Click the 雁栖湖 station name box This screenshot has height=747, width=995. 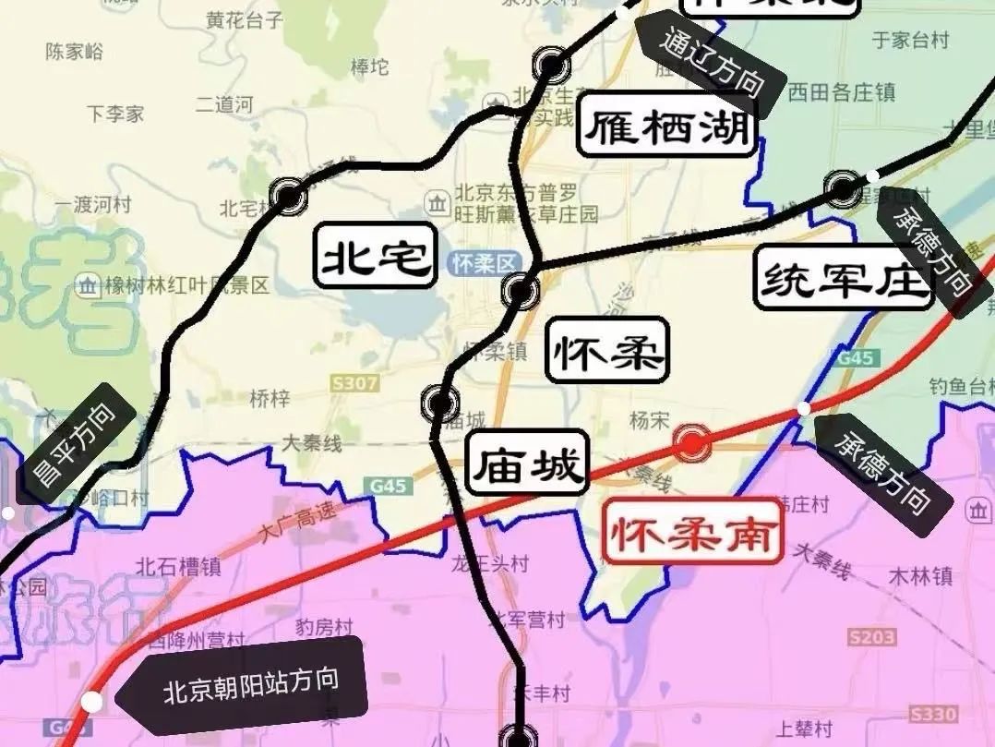(667, 128)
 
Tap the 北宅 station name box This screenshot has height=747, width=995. (376, 255)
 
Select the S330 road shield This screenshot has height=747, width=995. (931, 714)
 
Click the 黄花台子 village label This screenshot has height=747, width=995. (246, 18)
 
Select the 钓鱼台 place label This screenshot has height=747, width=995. (960, 385)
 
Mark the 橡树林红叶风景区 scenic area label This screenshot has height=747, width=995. (174, 285)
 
